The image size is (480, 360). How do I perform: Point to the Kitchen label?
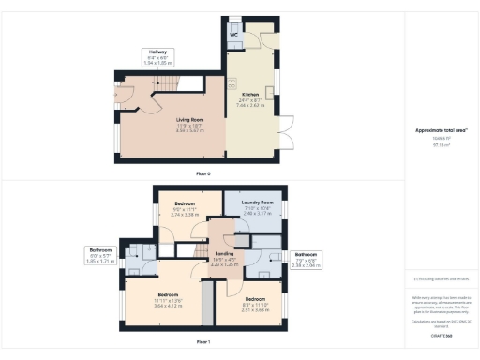(x=249, y=95)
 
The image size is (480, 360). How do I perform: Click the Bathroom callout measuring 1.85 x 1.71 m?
(x=100, y=256)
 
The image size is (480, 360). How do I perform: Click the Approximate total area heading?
(x=441, y=130)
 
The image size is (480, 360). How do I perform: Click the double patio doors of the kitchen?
(x=283, y=138)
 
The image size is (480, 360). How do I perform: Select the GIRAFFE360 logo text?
(x=441, y=333)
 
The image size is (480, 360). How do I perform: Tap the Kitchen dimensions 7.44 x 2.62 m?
(x=249, y=106)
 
